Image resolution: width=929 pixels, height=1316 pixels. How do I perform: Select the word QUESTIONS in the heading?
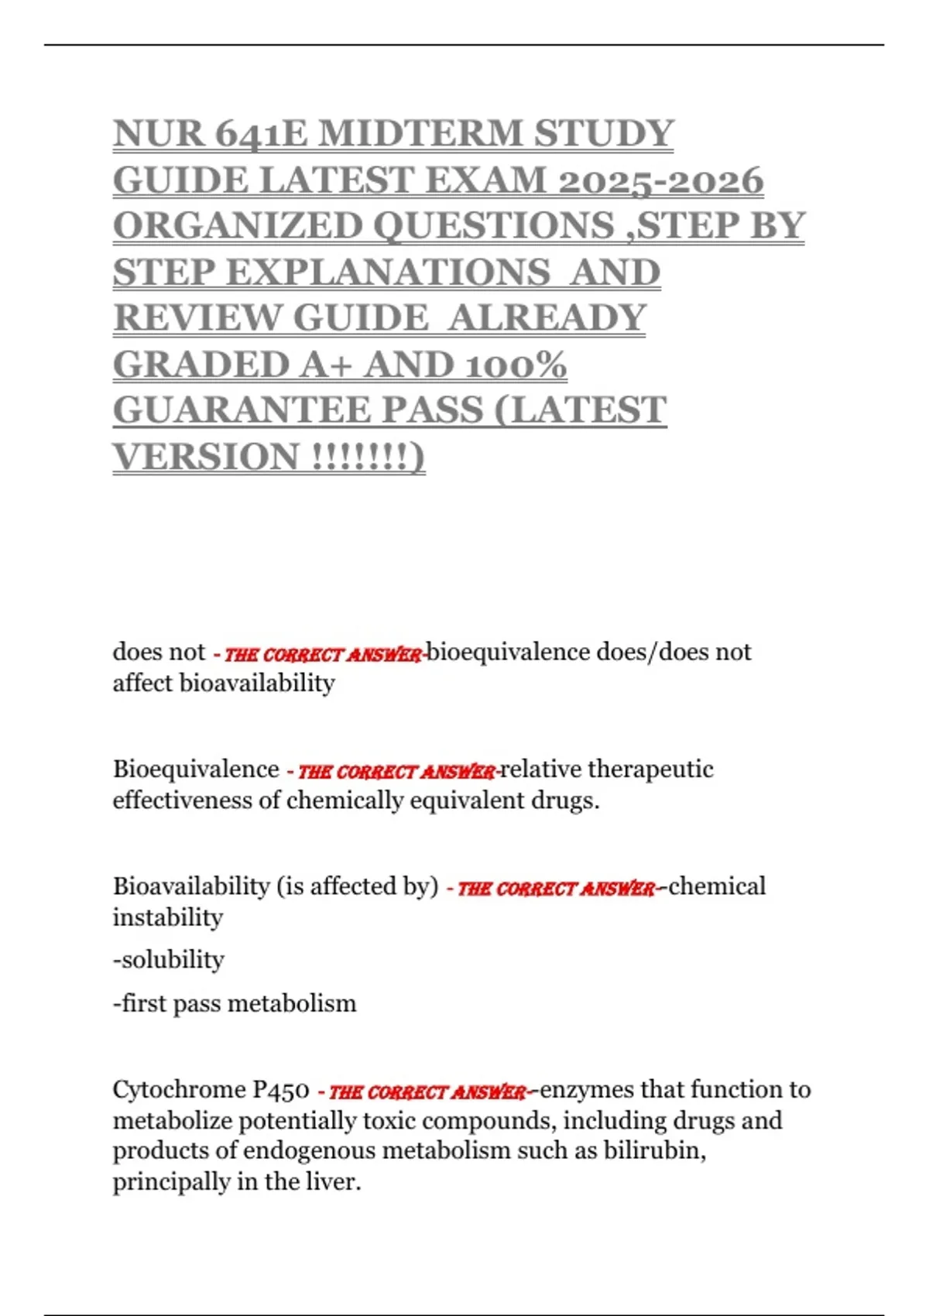pos(494,225)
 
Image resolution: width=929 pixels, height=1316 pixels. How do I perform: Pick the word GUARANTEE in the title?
pos(297,410)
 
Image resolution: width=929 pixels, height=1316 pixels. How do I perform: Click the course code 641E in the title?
pos(259,133)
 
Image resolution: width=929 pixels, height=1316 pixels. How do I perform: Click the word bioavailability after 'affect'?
pos(257,683)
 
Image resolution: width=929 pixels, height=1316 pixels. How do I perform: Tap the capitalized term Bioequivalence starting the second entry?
pos(196,769)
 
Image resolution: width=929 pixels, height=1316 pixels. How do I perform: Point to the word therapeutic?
pos(650,769)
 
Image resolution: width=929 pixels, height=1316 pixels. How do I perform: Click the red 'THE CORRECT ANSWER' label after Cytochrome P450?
pos(427,1092)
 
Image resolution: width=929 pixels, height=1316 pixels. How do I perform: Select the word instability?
pos(168,917)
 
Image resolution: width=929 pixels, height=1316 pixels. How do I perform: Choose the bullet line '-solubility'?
pos(169,960)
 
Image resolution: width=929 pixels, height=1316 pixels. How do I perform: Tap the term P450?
pos(282,1089)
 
